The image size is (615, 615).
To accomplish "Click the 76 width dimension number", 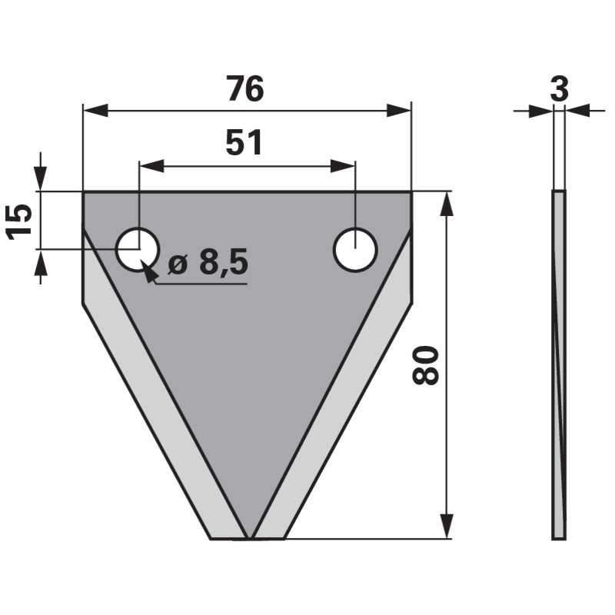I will pos(245,90).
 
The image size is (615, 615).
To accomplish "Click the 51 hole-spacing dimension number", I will pos(244,143).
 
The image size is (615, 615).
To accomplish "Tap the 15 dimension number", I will pos(21,221).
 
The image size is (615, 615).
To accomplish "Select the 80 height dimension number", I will pos(426,365).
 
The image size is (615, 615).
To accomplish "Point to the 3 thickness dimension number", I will pos(559,89).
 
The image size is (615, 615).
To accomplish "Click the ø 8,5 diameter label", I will pos(208,264).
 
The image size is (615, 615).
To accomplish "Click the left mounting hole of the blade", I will pos(138,248).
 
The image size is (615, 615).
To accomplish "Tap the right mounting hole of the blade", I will pos(355,248).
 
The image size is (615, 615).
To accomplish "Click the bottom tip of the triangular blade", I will pos(248,537).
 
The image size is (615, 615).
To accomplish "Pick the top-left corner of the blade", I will pos(83,192).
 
